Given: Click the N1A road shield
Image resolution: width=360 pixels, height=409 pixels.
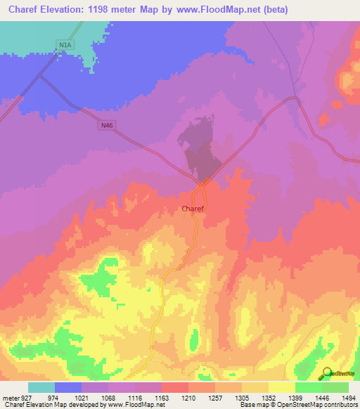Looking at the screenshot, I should point(65,45).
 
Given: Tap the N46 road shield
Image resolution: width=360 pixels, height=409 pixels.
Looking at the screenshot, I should point(106,125).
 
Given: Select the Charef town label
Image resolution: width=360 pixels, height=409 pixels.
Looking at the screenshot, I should point(193,209).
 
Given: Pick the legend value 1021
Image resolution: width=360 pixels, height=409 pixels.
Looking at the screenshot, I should point(81,398).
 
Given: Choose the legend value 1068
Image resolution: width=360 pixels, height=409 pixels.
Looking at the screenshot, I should point(108,398).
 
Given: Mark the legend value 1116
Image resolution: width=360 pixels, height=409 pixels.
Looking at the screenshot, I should point(134,398).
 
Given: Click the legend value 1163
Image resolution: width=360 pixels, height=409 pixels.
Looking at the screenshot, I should point(161,398).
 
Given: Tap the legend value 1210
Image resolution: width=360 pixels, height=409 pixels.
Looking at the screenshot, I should point(188,398).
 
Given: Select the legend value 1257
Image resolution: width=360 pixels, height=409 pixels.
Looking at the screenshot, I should point(214,398).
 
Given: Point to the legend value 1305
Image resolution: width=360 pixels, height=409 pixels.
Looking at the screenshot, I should point(241,398).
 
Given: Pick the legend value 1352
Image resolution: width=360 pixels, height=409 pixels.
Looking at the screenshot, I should point(268,398).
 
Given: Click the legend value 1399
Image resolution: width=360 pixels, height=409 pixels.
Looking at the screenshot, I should point(295,398).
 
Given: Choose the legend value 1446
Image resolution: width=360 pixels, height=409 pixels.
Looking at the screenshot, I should point(321,398).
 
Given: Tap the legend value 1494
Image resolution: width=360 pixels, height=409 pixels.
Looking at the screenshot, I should point(348,398).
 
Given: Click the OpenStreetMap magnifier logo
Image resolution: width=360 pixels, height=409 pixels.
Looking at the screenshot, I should point(326,373).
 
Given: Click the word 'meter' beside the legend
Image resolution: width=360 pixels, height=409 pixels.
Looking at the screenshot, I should point(9,398).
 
